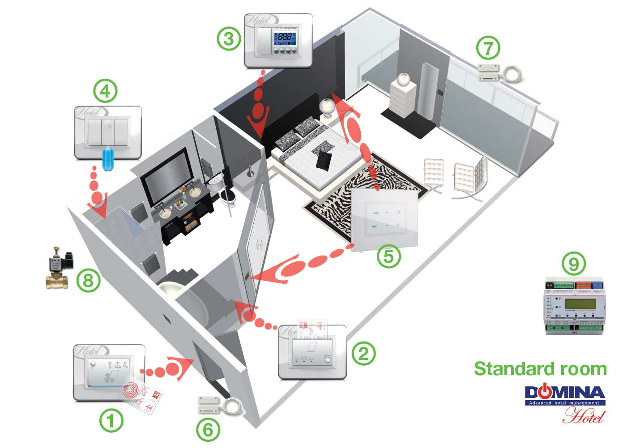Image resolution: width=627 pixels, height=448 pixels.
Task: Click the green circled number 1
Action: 111,421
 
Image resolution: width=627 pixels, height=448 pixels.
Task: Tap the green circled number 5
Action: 388,257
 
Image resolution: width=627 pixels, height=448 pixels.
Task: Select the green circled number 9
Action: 573,264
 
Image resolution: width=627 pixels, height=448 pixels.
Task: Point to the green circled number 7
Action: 488,48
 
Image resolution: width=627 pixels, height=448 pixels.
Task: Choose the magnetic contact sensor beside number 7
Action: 489,73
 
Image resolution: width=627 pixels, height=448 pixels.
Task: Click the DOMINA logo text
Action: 565,393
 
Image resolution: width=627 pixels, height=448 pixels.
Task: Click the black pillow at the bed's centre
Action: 324,159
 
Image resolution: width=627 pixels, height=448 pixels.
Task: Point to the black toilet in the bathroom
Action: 229,197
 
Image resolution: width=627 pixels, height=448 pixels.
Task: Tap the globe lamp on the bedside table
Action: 327,107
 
